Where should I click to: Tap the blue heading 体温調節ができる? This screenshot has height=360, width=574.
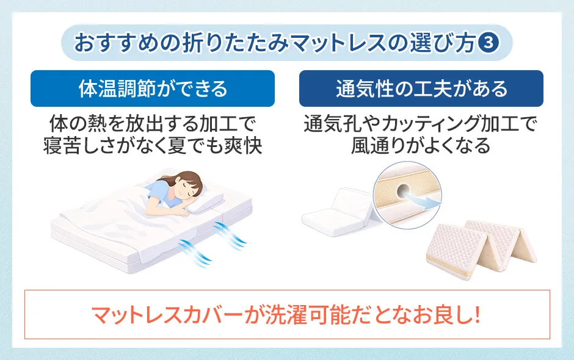tap(153, 89)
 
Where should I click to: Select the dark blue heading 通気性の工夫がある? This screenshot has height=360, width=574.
tap(421, 89)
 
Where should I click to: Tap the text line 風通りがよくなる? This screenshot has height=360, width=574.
tap(421, 146)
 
